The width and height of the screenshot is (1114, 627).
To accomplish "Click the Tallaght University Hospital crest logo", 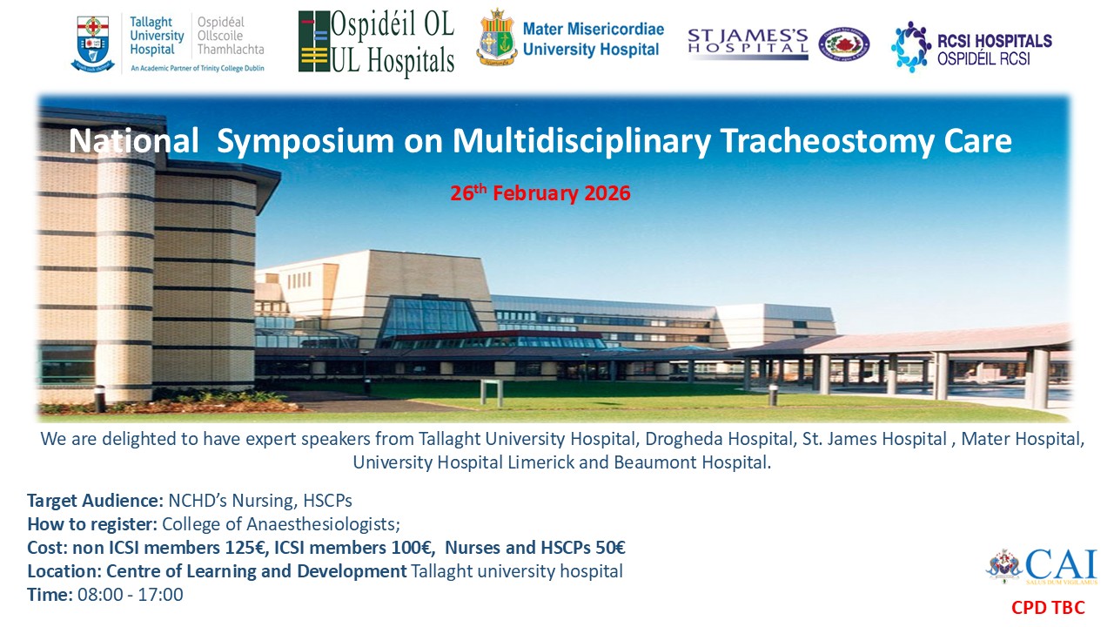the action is (93, 44).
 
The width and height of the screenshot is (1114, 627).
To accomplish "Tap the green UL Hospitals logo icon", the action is (314, 42).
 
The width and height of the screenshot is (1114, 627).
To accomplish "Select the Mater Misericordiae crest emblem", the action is (496, 37).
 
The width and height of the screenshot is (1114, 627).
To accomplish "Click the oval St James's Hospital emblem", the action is (844, 44).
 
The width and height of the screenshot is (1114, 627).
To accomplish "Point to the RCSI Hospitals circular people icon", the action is (910, 47).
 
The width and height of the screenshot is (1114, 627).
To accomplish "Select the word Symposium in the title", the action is (305, 142).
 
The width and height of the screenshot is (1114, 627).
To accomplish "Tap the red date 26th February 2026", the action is (540, 193).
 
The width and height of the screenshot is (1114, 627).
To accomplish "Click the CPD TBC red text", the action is (1048, 608).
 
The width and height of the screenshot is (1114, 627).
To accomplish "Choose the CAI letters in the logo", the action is (1061, 563).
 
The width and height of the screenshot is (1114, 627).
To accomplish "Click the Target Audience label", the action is (95, 501).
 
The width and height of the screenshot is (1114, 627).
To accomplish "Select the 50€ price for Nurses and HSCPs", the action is (610, 548).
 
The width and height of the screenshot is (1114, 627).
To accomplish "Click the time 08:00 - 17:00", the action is (131, 595).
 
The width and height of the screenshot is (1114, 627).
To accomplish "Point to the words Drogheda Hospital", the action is (718, 439).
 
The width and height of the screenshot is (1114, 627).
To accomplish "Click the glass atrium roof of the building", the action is (429, 317).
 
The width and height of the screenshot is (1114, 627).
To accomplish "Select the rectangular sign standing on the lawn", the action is (491, 392).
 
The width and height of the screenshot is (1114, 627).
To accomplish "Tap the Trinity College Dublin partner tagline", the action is (198, 69).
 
